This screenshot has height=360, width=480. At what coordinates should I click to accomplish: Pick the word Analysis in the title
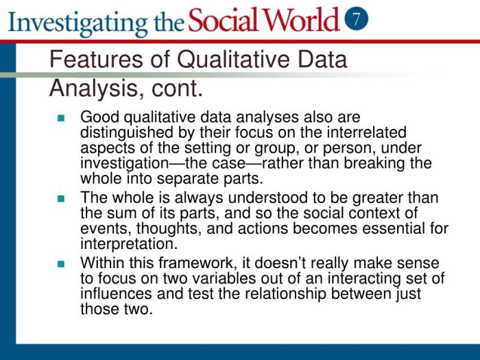(91, 88)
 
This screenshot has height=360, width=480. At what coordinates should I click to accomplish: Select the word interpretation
(128, 244)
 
